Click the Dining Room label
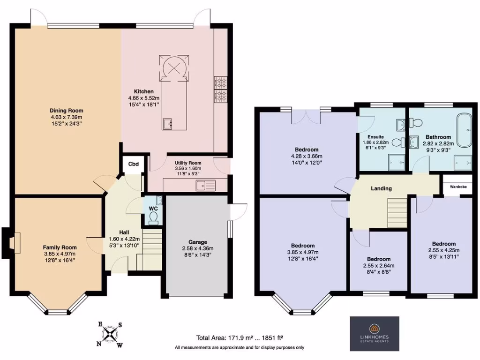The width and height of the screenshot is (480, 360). click(67, 111)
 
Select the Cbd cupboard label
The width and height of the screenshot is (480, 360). click(134, 164)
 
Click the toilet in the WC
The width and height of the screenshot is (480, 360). click(153, 216)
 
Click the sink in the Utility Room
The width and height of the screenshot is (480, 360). click(205, 185)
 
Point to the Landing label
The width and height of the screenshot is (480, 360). click(381, 188)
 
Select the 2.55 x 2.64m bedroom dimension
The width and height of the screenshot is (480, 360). click(378, 266)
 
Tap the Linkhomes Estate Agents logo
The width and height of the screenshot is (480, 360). click(375, 334)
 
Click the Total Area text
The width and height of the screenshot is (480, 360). click(240, 337)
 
